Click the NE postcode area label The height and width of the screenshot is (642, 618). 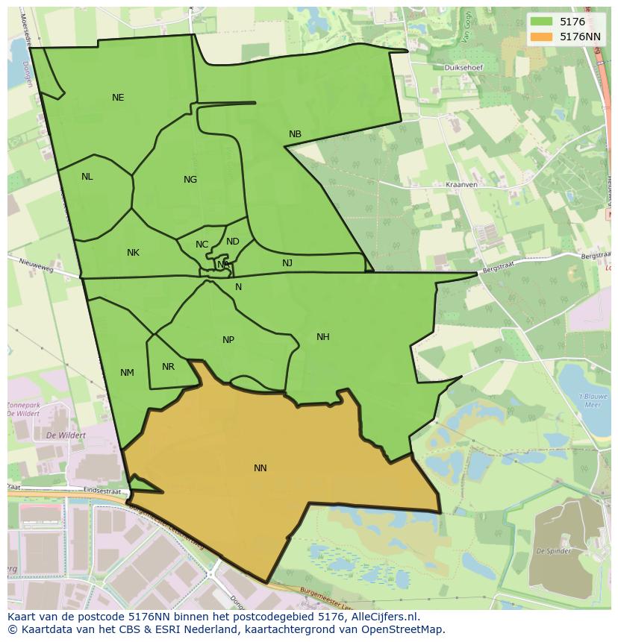[x=118, y=98]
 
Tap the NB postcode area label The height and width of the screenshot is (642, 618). [x=295, y=134]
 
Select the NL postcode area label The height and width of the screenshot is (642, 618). [x=87, y=177]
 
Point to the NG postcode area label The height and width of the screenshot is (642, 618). [x=190, y=180]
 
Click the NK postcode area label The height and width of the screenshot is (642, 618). [x=133, y=253]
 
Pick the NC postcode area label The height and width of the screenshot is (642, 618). [x=202, y=245]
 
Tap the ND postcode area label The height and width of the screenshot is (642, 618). [x=233, y=242]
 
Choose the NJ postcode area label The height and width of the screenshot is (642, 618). [x=287, y=263]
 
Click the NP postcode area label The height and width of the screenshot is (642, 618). [x=228, y=340]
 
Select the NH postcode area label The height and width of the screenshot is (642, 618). [x=322, y=337]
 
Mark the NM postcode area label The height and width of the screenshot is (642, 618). [x=127, y=373]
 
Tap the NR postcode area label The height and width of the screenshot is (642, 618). [x=168, y=367]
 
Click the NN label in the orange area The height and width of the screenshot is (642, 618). [x=260, y=468]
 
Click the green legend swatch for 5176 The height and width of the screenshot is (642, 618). [x=541, y=22]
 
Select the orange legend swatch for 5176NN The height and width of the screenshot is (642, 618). [x=541, y=36]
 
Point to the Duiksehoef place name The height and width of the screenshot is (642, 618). [x=463, y=68]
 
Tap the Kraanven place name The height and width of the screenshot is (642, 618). [x=461, y=184]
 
